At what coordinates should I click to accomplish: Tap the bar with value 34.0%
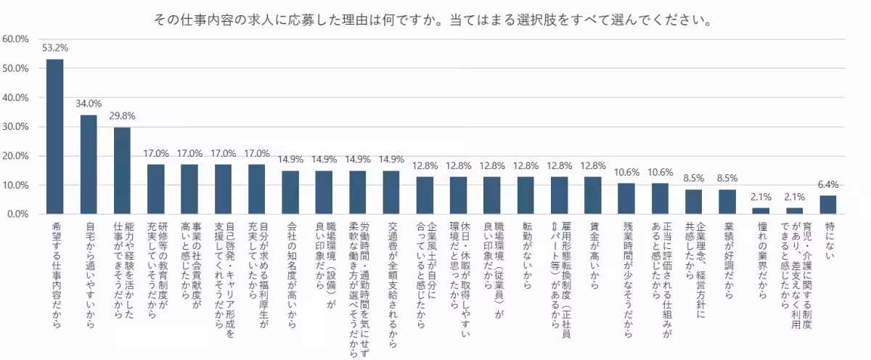pyautogui.click(x=89, y=165)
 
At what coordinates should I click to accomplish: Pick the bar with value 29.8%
pyautogui.click(x=122, y=171)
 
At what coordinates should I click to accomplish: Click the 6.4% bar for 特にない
pyautogui.click(x=828, y=205)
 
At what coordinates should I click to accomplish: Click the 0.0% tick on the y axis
pyautogui.click(x=17, y=214)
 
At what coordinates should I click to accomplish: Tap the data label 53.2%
pyautogui.click(x=55, y=49)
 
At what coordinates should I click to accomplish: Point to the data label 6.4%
pyautogui.click(x=828, y=185)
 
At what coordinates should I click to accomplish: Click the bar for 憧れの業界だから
pyautogui.click(x=761, y=211)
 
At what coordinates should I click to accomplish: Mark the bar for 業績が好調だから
pyautogui.click(x=727, y=202)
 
